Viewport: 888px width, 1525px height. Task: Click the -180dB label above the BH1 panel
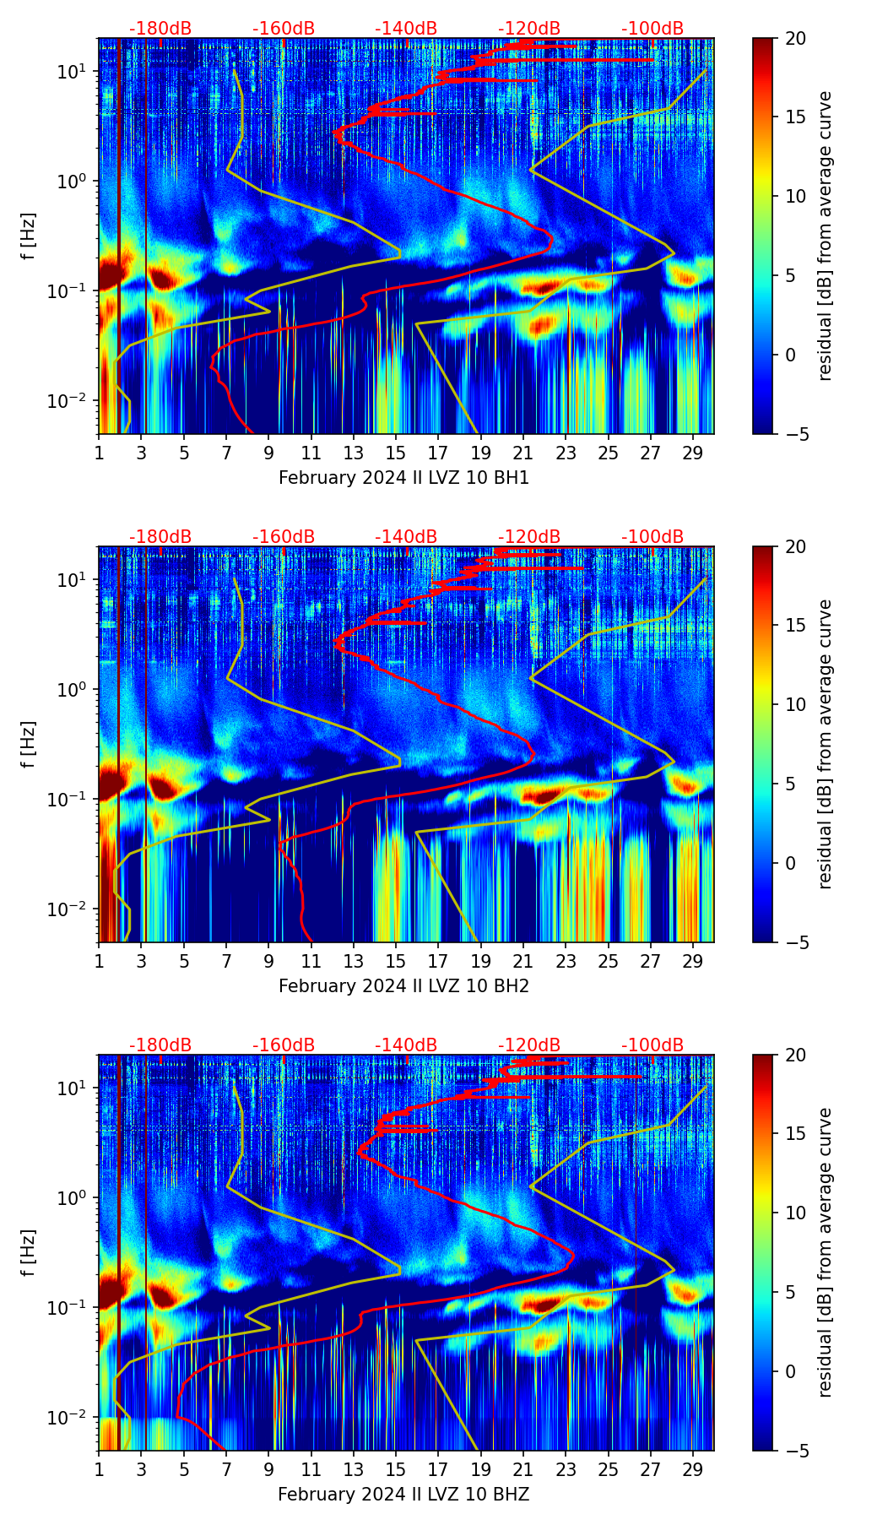(x=160, y=29)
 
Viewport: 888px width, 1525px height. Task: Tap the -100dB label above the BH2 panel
(x=652, y=537)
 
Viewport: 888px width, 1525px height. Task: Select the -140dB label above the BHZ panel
(x=406, y=1045)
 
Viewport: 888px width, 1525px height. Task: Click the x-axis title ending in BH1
(x=403, y=478)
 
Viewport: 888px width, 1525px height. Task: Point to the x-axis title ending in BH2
(x=403, y=986)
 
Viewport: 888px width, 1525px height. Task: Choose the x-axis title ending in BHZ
(x=403, y=1495)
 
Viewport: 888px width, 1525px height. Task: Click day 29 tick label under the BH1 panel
(x=693, y=453)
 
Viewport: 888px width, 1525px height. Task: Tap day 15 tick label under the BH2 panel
(x=396, y=961)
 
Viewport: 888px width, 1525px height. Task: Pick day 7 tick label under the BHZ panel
(x=226, y=1469)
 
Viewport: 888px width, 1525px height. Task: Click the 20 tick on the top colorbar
(x=795, y=38)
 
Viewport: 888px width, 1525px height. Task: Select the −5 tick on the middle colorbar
(x=792, y=942)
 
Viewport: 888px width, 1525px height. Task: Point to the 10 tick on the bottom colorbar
(x=795, y=1213)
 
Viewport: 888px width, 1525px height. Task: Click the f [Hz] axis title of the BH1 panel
(x=30, y=236)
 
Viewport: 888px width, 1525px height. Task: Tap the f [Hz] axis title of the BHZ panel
(x=30, y=1253)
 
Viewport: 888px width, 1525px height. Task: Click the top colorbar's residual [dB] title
(x=826, y=236)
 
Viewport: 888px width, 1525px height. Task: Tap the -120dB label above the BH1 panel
(x=529, y=29)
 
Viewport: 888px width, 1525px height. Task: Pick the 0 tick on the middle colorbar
(x=790, y=863)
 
